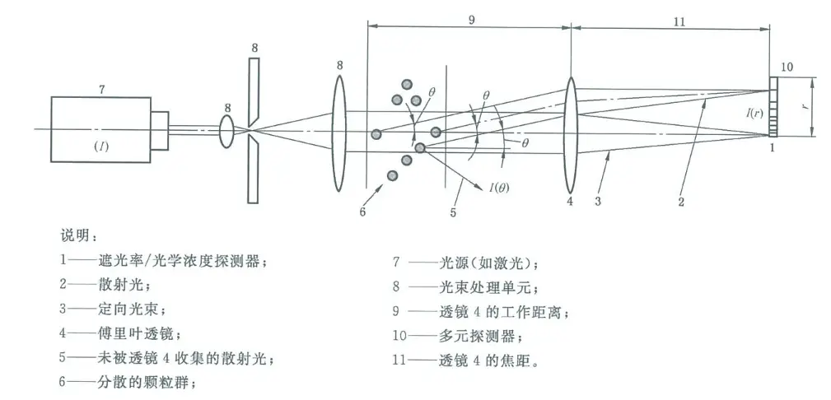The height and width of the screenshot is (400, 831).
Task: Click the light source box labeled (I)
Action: (x=100, y=128)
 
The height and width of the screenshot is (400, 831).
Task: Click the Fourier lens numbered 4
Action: (x=570, y=135)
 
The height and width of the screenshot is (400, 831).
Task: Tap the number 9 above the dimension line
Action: (x=470, y=20)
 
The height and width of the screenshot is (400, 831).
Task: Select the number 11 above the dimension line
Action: (x=680, y=21)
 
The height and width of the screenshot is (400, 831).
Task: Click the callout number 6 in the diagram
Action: (x=362, y=212)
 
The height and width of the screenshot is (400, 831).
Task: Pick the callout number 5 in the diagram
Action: (x=453, y=212)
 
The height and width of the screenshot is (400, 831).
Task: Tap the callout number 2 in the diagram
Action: (x=681, y=202)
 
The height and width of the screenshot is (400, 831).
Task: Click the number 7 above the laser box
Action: (x=102, y=90)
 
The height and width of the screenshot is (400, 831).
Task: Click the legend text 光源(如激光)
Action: (x=488, y=263)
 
